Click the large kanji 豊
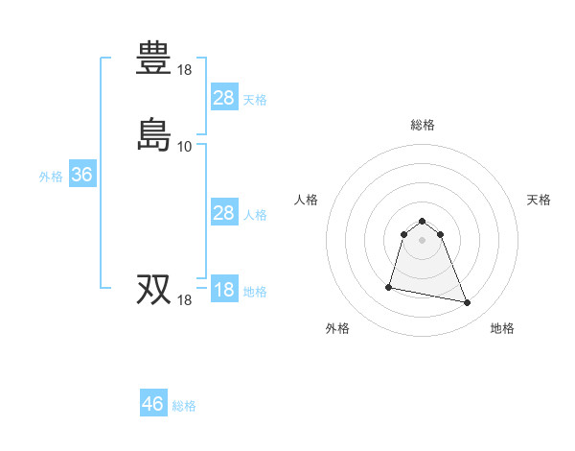(x=154, y=59)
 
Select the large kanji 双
(x=154, y=289)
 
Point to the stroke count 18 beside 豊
(x=185, y=70)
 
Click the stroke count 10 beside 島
(x=185, y=147)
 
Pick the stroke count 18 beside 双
(x=185, y=300)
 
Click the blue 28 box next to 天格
(x=223, y=97)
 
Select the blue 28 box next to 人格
(x=223, y=213)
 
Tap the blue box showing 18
(x=223, y=290)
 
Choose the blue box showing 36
(x=82, y=175)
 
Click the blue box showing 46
(x=153, y=404)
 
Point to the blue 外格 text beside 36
(x=51, y=177)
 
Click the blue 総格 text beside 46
(x=185, y=406)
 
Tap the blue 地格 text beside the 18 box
(x=255, y=292)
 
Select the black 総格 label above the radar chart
(x=423, y=125)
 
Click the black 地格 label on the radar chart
(x=502, y=328)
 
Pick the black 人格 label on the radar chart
(x=307, y=200)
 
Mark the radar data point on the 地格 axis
(x=467, y=303)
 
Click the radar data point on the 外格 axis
(x=390, y=286)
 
